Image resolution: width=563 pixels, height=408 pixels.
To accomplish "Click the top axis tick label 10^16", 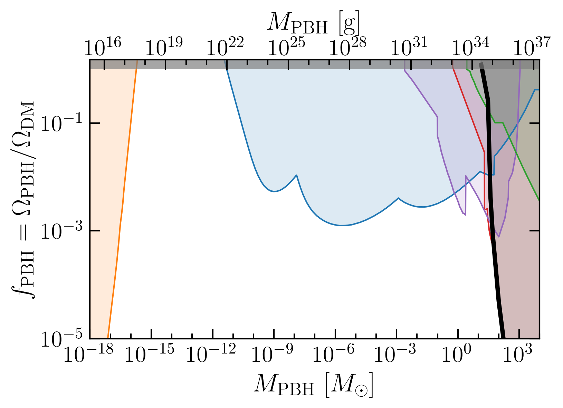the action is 103,47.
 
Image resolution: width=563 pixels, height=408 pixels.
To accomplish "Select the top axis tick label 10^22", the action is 225,47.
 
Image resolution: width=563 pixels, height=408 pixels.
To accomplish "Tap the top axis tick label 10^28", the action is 348,47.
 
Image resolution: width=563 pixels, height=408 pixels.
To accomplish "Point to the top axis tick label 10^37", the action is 532,47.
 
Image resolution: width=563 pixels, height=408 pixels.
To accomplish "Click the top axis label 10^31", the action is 409,47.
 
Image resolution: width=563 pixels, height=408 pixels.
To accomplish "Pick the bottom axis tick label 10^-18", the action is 88,353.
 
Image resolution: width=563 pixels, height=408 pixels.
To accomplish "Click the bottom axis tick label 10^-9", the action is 273,353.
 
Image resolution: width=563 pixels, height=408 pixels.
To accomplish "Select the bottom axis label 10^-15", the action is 150,353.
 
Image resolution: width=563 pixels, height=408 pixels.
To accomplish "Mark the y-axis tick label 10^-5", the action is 61,338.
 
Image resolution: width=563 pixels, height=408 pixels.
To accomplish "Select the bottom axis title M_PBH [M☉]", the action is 313,385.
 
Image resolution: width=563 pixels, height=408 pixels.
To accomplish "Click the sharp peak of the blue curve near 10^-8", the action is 297,175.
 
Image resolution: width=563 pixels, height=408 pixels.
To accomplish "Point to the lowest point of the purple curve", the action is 499,237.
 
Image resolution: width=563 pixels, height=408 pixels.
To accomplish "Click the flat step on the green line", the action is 499,123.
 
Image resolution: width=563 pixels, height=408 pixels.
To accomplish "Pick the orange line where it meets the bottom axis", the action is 108,338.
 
